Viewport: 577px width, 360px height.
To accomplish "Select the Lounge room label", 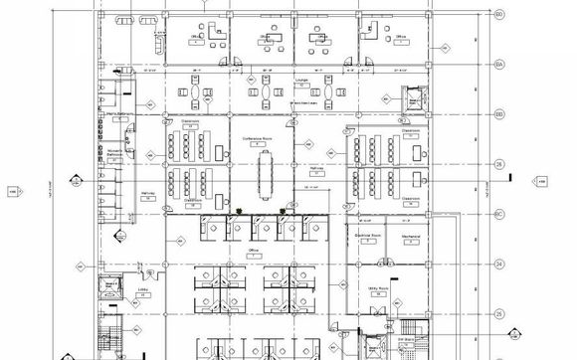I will pyautogui.click(x=298, y=76).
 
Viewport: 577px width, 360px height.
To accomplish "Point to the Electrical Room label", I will pyautogui.click(x=370, y=236).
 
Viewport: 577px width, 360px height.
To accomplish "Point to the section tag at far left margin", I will pyautogui.click(x=13, y=191).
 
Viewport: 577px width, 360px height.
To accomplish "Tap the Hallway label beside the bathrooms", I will pyautogui.click(x=146, y=196).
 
